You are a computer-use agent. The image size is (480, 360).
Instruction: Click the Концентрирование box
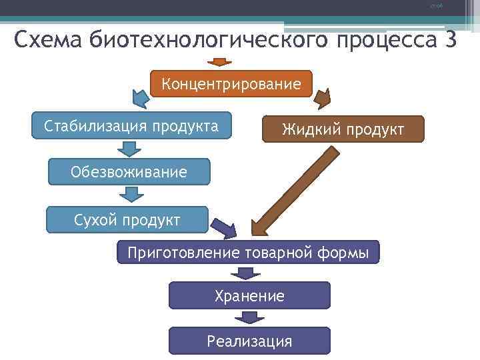tap(231, 84)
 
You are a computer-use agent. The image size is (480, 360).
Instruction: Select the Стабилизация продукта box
tap(131, 125)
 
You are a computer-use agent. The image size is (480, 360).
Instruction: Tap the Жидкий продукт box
tap(343, 129)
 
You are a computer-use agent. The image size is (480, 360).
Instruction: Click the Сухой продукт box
tap(127, 219)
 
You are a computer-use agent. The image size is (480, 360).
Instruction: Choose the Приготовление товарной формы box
tap(248, 253)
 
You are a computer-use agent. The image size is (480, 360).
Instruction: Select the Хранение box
tap(249, 295)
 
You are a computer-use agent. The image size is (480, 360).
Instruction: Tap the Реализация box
tap(249, 341)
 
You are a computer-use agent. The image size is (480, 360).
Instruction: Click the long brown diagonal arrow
tap(294, 191)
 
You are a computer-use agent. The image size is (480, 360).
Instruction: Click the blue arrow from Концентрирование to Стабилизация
tap(141, 99)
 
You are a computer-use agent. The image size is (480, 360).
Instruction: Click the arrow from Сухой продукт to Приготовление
tap(225, 229)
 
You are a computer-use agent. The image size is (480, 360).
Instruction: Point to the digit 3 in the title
tap(449, 40)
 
